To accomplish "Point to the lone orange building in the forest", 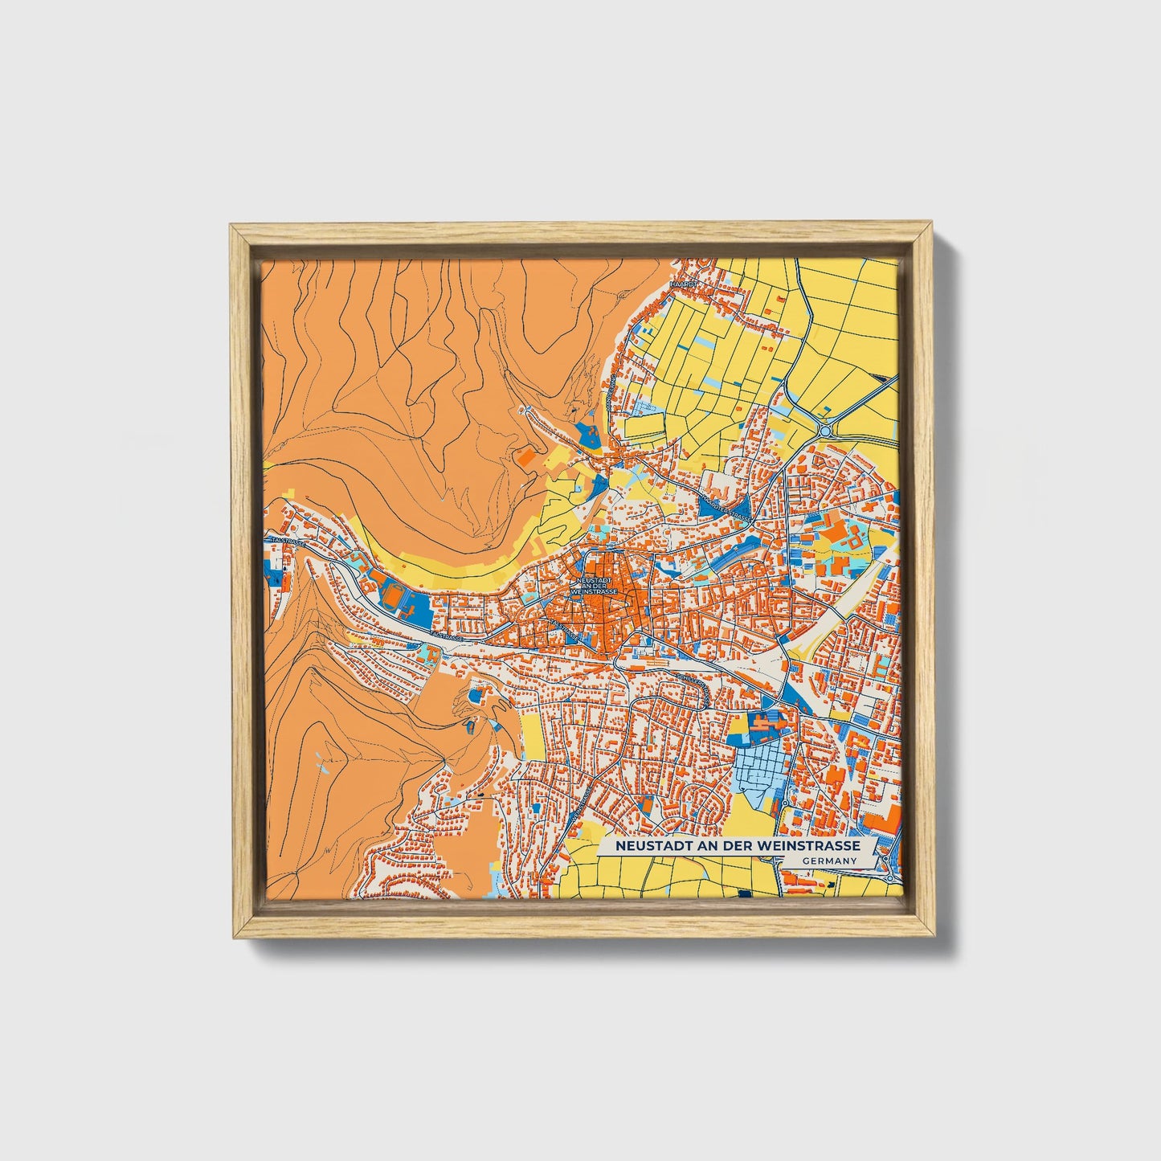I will click(x=526, y=456).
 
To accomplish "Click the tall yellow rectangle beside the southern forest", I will click(x=530, y=734).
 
